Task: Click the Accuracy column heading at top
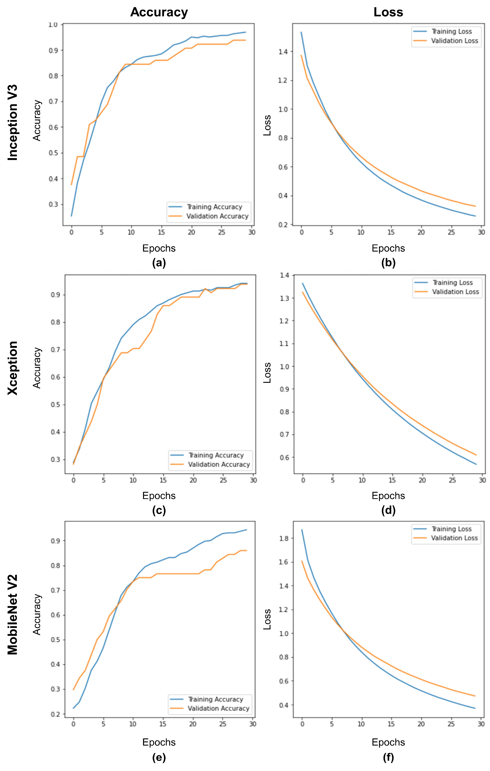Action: click(159, 12)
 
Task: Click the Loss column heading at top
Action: click(388, 12)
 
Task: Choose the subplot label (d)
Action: click(388, 510)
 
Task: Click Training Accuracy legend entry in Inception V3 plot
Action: click(214, 207)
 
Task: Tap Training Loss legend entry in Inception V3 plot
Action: click(451, 31)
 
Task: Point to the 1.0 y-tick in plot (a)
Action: click(53, 25)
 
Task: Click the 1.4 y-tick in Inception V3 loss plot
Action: click(283, 52)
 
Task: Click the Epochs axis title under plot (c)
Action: click(159, 496)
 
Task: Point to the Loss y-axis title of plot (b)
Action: click(267, 125)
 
